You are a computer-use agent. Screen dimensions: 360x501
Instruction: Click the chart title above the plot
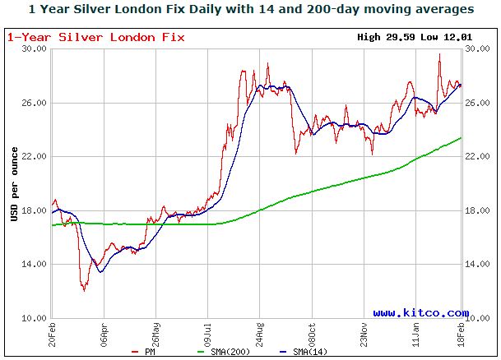tap(250, 10)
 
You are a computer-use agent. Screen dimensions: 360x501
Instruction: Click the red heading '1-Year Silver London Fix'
tap(96, 37)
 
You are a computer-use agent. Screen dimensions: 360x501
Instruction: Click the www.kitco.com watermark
tap(420, 312)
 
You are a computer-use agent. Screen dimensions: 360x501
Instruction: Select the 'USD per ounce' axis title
tap(15, 183)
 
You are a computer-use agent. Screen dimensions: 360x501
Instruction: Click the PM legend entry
tap(145, 353)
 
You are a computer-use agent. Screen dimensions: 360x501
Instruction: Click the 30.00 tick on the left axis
tap(33, 49)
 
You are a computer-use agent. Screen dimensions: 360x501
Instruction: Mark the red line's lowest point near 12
tap(84, 290)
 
